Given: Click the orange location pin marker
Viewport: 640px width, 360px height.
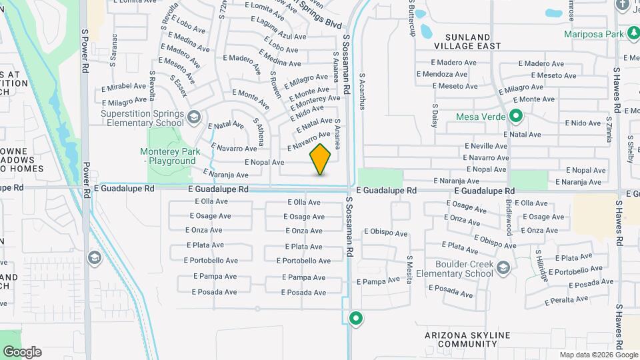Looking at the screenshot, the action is [x=320, y=159].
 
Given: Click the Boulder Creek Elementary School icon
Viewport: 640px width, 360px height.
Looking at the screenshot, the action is [x=503, y=268].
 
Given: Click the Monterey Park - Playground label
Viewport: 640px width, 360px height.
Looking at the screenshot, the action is [x=170, y=156].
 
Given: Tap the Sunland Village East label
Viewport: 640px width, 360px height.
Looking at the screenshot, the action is [x=462, y=41].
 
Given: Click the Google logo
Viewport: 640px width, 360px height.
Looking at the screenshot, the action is [x=21, y=352].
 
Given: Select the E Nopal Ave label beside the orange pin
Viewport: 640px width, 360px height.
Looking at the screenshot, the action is [x=264, y=162].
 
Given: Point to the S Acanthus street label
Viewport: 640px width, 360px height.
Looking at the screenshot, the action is [x=362, y=91].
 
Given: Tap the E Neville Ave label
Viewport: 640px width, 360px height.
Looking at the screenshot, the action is [x=487, y=145].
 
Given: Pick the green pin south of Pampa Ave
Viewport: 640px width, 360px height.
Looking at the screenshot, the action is [x=356, y=319].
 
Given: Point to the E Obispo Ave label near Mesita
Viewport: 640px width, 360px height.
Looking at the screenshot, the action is [x=385, y=233].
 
